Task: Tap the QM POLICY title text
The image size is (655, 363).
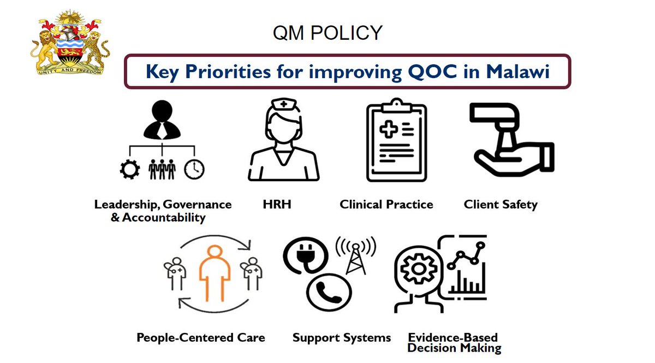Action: click(327, 33)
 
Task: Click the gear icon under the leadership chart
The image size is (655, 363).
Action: click(130, 169)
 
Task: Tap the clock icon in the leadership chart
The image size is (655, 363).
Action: click(194, 169)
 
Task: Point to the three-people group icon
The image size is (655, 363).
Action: click(162, 169)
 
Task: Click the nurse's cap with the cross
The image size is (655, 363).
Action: click(283, 105)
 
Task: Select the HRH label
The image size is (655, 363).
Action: click(277, 205)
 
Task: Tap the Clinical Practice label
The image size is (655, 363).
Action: click(386, 205)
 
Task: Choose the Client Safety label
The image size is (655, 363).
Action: click(501, 205)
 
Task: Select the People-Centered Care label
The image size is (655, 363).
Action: click(201, 338)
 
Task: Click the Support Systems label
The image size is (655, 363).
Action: click(342, 338)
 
